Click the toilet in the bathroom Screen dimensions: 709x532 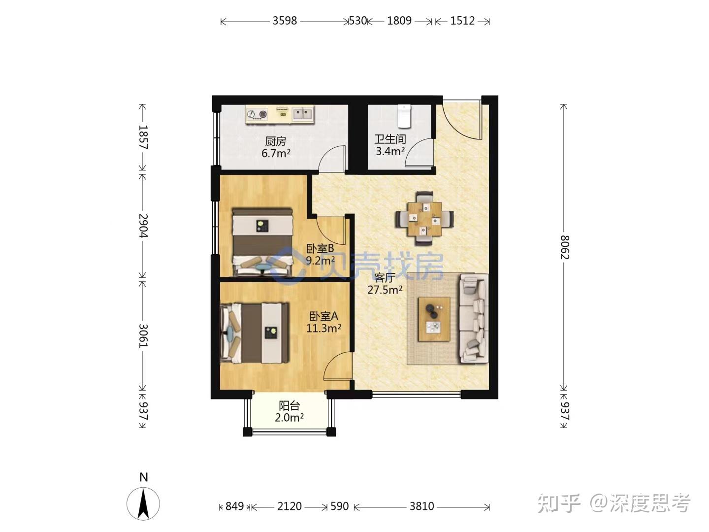(x=404, y=116)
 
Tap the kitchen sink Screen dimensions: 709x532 (x=303, y=114)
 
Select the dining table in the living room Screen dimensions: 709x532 (x=424, y=219)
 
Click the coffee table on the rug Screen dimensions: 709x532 (x=434, y=319)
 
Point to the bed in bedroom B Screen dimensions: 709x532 (x=262, y=242)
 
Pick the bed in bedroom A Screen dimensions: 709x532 (x=254, y=332)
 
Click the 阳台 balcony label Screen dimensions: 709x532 (x=290, y=406)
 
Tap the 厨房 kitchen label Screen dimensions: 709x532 (x=276, y=141)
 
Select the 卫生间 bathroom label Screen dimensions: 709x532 (x=390, y=139)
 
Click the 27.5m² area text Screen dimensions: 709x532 (x=385, y=290)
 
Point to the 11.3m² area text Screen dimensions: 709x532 (x=323, y=328)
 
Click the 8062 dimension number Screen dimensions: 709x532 (x=564, y=247)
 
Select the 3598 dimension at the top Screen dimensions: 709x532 (x=285, y=21)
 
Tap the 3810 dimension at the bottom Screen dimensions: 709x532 (x=422, y=506)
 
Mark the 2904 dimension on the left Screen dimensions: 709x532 (x=143, y=226)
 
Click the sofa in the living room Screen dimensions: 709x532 (x=474, y=319)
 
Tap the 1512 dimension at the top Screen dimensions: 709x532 (x=462, y=21)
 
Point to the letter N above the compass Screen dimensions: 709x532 (x=143, y=477)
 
